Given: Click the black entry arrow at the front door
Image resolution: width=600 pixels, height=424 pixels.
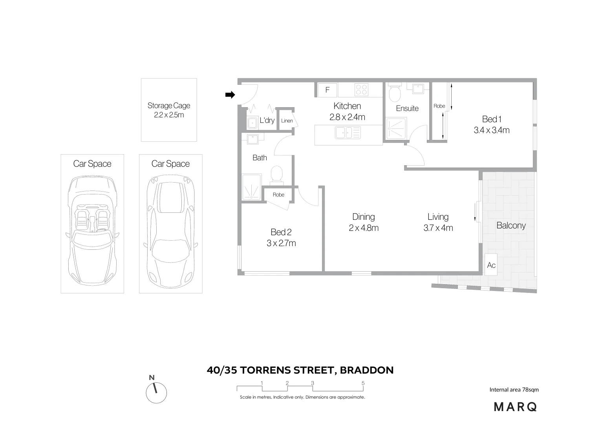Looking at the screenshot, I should tap(230, 95).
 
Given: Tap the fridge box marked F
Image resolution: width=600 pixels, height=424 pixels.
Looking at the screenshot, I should tap(327, 90).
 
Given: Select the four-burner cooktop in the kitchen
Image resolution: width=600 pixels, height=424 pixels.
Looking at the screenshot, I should tap(361, 90).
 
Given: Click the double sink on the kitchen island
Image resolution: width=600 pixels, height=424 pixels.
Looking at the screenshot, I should tap(348, 133).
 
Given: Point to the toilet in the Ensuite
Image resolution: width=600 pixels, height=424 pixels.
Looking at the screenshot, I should tap(394, 93).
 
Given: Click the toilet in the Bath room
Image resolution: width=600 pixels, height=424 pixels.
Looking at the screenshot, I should tap(277, 174).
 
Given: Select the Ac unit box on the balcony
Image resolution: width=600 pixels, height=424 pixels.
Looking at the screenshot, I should tap(491, 265).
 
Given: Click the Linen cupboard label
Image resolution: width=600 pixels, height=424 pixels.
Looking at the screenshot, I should tap(287, 121).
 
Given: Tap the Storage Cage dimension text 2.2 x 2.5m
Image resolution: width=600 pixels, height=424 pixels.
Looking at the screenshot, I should tap(169, 115).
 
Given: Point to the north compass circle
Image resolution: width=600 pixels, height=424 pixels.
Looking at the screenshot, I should tap(156, 393).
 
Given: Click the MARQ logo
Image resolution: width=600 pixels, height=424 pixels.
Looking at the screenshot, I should tap(515, 407).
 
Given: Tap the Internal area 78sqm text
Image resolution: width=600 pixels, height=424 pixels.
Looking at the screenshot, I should tap(514, 390).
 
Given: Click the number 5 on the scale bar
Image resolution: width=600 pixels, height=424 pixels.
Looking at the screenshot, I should tap(363, 383).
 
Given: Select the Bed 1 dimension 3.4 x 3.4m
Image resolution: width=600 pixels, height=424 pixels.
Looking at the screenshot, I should tap(492, 130).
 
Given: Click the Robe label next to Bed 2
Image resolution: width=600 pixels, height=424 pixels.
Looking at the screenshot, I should tap(278, 195).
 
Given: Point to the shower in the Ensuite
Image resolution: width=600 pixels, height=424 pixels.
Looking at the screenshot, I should tap(395, 128).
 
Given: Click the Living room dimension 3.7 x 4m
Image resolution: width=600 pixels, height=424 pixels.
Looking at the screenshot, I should tap(438, 228).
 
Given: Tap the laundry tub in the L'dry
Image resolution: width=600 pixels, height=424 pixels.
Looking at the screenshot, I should tap(252, 123).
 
